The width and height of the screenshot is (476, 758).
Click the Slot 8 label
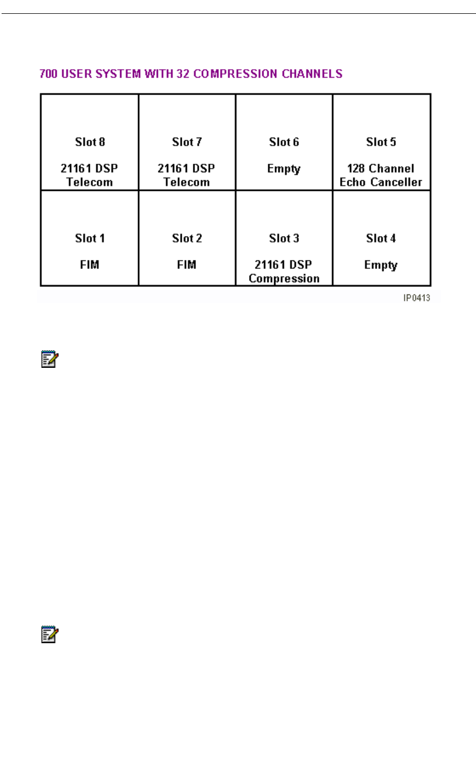(x=90, y=142)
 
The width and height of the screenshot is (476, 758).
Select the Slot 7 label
(x=187, y=142)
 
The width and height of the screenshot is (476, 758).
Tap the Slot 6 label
(x=284, y=142)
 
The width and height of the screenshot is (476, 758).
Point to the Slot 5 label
(x=381, y=142)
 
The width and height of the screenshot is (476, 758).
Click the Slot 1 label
(x=90, y=238)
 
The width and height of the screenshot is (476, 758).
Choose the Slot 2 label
(x=187, y=238)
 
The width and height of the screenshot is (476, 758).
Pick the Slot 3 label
(x=284, y=238)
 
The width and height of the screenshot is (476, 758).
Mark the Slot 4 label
(x=381, y=238)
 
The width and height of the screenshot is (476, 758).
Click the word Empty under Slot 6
(x=284, y=169)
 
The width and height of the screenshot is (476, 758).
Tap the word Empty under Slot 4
(x=381, y=265)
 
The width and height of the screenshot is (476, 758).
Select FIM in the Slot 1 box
(x=90, y=265)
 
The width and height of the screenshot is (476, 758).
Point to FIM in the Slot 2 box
(x=187, y=265)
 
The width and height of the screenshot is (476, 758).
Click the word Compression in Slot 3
(x=284, y=279)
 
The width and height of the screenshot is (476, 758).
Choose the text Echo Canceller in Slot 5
(x=381, y=182)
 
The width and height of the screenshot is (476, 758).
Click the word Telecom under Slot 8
(x=90, y=182)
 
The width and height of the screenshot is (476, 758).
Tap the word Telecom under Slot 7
(x=187, y=182)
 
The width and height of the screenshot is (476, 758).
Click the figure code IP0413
(x=416, y=298)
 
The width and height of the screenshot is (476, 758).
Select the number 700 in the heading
(x=48, y=74)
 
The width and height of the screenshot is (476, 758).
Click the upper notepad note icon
(x=49, y=359)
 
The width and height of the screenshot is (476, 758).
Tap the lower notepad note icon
(x=49, y=634)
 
